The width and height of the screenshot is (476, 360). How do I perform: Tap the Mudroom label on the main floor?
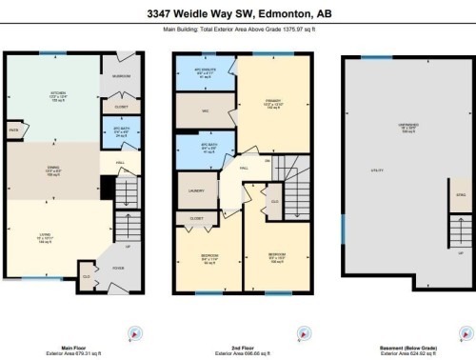tap(122, 75)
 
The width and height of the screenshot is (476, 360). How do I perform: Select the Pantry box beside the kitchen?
tap(13, 129)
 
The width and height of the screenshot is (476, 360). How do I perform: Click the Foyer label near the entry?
tap(117, 268)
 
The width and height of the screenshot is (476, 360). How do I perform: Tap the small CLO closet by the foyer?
tap(87, 277)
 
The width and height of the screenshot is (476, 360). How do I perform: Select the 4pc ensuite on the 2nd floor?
tap(205, 71)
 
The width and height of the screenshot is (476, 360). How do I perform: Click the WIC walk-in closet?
tap(205, 110)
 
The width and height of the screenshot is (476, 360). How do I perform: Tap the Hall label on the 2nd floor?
tap(245, 168)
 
